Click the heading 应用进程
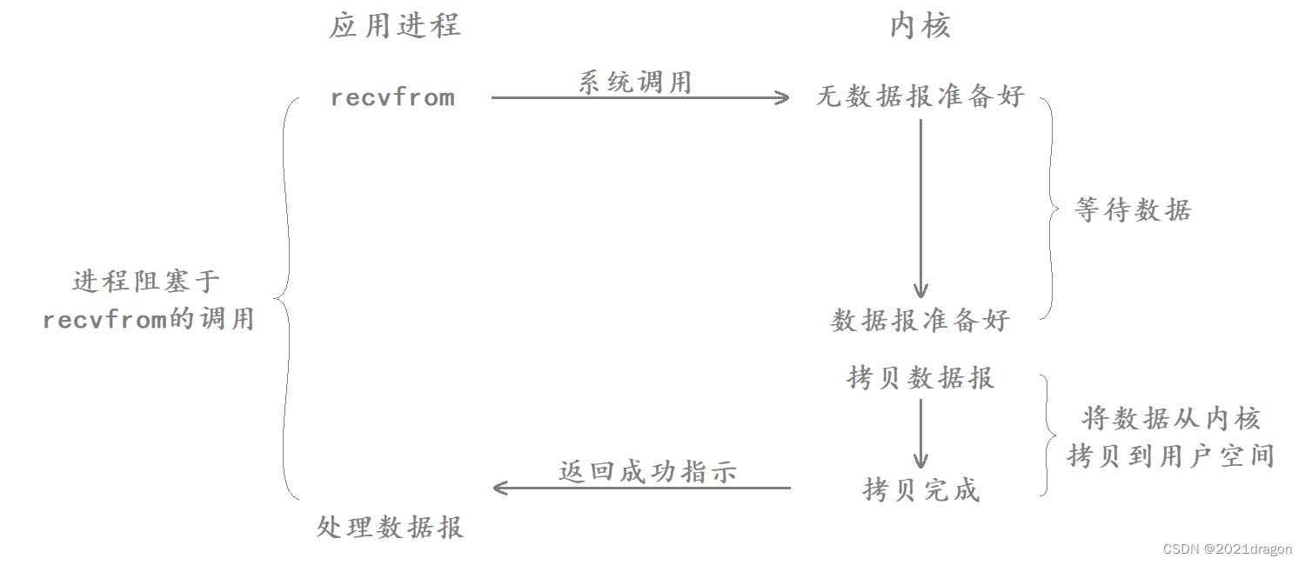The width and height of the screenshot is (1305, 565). pyautogui.click(x=394, y=26)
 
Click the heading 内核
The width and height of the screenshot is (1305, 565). pyautogui.click(x=920, y=26)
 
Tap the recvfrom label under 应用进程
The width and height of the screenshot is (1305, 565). pyautogui.click(x=392, y=97)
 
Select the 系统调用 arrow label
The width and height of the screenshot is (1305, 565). pyautogui.click(x=635, y=83)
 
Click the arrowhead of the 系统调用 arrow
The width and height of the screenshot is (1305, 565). pyautogui.click(x=783, y=98)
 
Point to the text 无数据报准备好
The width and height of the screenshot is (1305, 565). pyautogui.click(x=920, y=96)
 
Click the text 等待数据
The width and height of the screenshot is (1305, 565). pyautogui.click(x=1132, y=209)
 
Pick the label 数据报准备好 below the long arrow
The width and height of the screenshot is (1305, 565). pyautogui.click(x=920, y=320)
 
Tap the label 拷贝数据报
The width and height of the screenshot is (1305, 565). pyautogui.click(x=920, y=378)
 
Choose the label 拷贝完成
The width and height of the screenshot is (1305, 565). pyautogui.click(x=920, y=490)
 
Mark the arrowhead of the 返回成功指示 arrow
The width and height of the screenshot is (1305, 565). pyautogui.click(x=499, y=488)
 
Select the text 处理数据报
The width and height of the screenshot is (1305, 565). pyautogui.click(x=390, y=527)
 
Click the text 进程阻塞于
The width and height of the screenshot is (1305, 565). pyautogui.click(x=146, y=282)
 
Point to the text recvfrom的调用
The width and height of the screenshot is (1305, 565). pyautogui.click(x=148, y=319)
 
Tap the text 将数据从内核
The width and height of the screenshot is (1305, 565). pyautogui.click(x=1170, y=419)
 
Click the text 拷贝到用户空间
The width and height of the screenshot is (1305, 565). pyautogui.click(x=1170, y=455)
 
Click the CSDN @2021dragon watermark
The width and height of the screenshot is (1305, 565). pyautogui.click(x=1227, y=549)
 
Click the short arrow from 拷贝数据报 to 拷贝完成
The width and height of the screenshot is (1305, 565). pyautogui.click(x=920, y=435)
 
